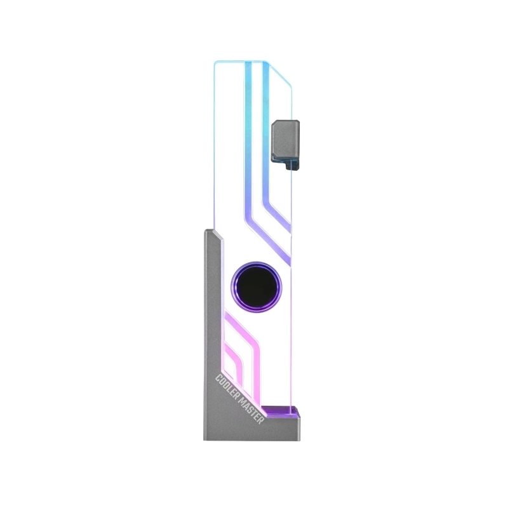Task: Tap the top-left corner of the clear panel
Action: click(216, 62)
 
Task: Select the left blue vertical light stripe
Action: click(248, 127)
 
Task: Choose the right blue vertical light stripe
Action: click(266, 127)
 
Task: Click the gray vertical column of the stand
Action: click(213, 317)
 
